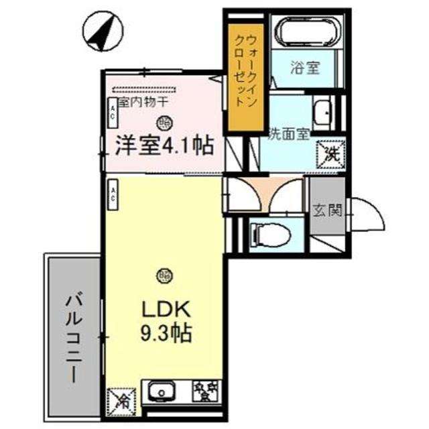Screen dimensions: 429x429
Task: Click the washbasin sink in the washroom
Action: (323, 111)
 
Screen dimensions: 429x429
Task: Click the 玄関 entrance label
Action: (326, 210)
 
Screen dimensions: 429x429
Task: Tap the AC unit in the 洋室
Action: (113, 115)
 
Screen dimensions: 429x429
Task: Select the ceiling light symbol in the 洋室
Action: (164, 122)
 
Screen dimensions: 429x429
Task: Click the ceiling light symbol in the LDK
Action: (164, 274)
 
